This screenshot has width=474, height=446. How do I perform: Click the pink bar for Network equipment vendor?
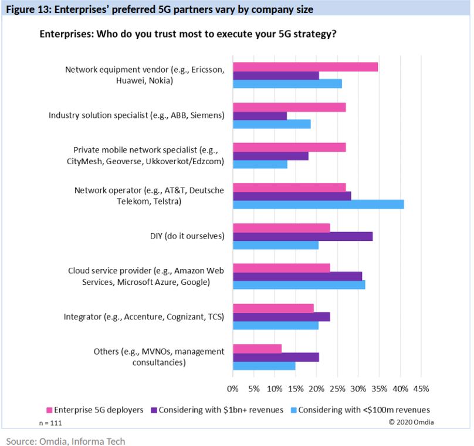[305, 67]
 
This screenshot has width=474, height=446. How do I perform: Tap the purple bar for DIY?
[302, 236]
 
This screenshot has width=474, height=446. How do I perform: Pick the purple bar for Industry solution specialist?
[260, 115]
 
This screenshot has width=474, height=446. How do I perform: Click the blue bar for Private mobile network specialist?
[260, 164]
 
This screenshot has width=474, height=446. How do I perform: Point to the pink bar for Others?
[257, 349]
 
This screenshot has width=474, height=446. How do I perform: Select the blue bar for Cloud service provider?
[299, 284]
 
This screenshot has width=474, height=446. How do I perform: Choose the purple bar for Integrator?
[281, 316]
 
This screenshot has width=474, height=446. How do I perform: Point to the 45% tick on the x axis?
[421, 389]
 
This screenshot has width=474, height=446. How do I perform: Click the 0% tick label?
[233, 389]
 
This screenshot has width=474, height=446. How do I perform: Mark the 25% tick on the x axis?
[337, 389]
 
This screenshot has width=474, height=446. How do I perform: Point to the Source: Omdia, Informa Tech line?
[66, 441]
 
